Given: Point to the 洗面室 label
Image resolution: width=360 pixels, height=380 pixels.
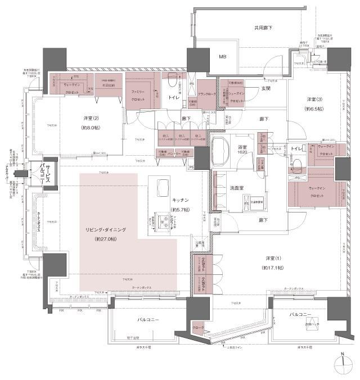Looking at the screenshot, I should (x=236, y=188).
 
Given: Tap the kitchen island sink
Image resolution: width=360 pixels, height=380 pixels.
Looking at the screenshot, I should (x=161, y=186).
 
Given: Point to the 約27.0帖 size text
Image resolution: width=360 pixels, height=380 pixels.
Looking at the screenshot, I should (x=106, y=239).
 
